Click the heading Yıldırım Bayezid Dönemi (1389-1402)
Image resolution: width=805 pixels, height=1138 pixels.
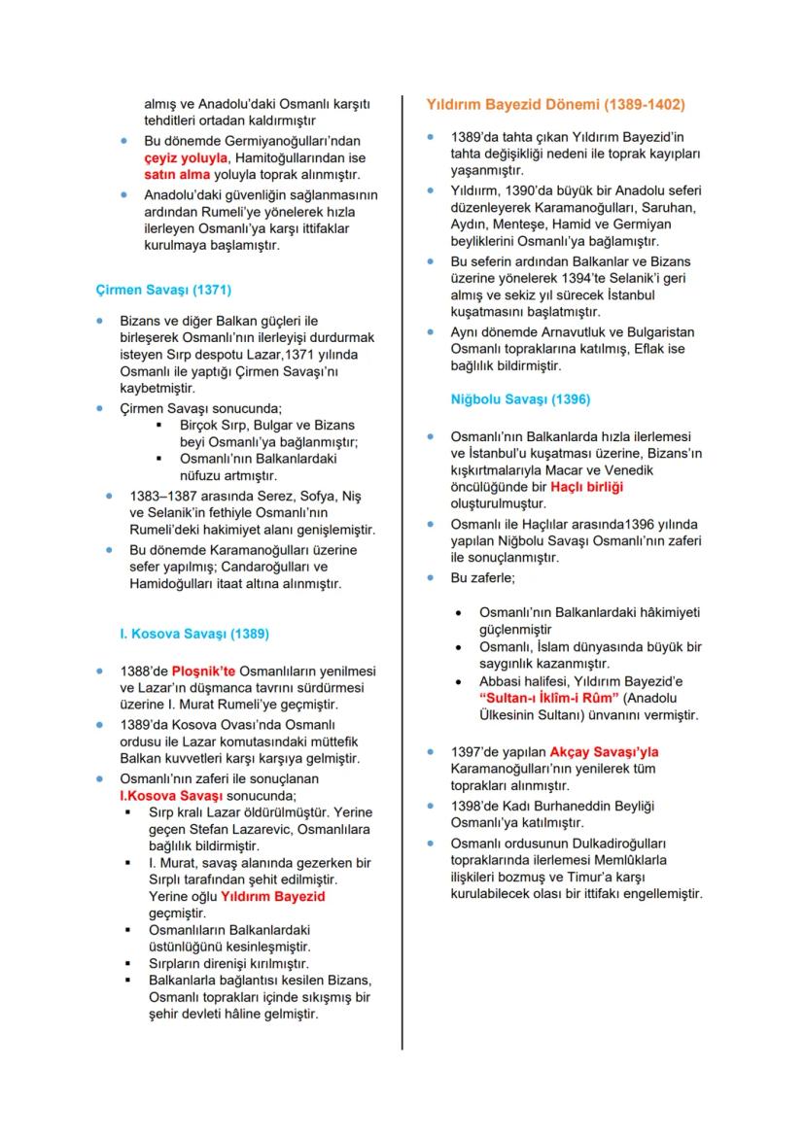(x=555, y=103)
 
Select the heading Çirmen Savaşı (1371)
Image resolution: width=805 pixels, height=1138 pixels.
(x=163, y=290)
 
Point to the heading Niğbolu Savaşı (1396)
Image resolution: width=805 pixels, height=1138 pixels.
(x=520, y=398)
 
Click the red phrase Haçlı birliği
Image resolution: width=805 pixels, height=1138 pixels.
(x=586, y=486)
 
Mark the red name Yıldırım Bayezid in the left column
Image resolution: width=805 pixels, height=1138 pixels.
(x=273, y=896)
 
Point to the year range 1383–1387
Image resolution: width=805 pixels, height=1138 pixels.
(x=166, y=496)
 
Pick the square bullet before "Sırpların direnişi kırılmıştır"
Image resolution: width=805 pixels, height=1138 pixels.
(x=128, y=963)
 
